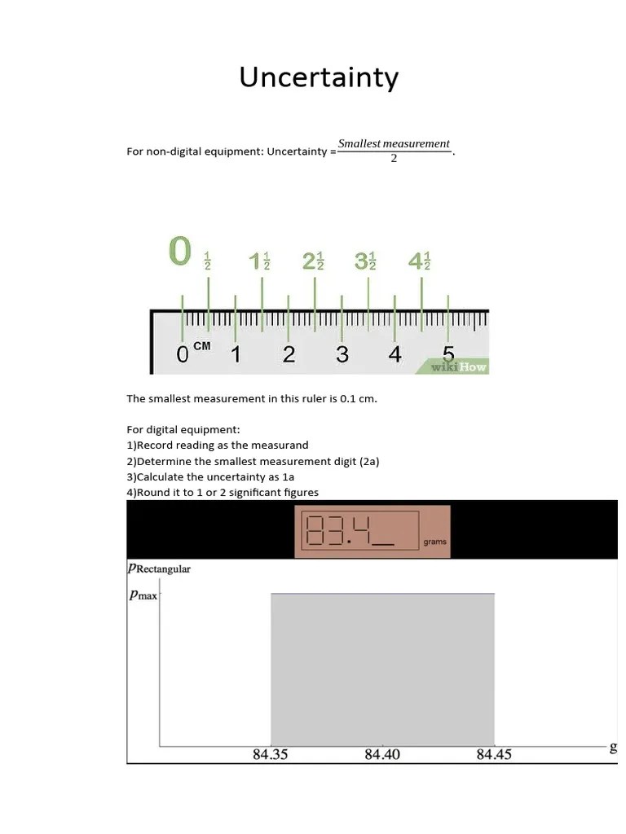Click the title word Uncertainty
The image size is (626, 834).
tap(319, 78)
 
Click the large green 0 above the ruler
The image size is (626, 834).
tap(180, 251)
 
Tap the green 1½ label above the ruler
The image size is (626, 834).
tap(260, 261)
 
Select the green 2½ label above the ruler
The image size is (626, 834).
tap(314, 261)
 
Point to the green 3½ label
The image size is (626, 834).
tap(367, 261)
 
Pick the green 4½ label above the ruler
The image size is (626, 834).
tap(420, 261)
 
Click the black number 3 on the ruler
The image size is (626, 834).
tap(342, 355)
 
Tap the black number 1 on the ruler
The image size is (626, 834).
tap(236, 355)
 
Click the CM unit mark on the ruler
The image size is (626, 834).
tap(201, 346)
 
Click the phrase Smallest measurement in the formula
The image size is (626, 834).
tap(394, 143)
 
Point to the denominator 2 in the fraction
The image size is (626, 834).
tap(394, 158)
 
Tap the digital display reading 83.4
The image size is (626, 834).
tap(349, 530)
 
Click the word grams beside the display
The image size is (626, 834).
tap(434, 542)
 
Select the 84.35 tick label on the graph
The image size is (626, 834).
tap(270, 754)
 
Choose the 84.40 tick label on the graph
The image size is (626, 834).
tap(381, 754)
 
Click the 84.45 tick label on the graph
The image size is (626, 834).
tap(494, 754)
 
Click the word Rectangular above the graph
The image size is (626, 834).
tap(163, 568)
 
